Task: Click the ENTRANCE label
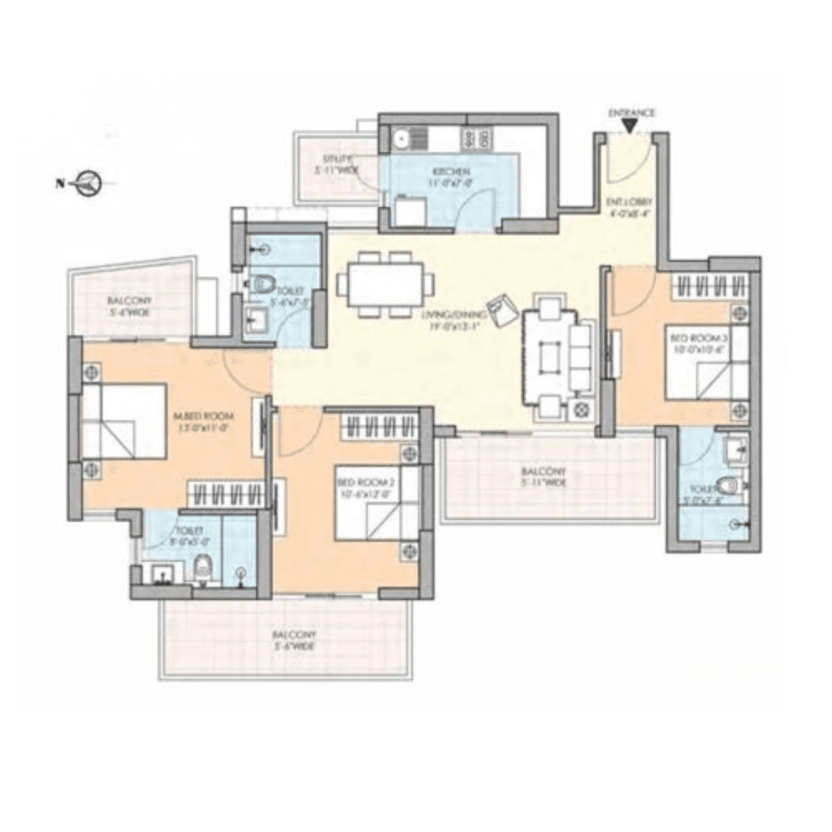click(x=632, y=112)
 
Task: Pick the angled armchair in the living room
click(x=503, y=310)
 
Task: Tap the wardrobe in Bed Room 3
click(x=710, y=287)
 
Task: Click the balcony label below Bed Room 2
click(x=293, y=640)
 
